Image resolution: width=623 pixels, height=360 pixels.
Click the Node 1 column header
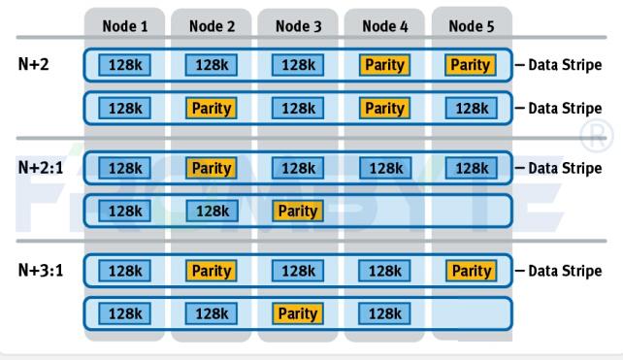(125, 26)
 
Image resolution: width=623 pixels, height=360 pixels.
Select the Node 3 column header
(298, 26)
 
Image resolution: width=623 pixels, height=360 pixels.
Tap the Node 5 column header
(471, 26)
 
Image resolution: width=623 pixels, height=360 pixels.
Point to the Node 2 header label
(212, 26)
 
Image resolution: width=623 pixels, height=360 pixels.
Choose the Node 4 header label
(384, 26)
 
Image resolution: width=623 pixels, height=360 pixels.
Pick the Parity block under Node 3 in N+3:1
(298, 312)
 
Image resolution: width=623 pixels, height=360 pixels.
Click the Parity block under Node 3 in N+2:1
(298, 210)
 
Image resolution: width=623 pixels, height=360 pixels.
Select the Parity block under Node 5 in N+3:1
(471, 271)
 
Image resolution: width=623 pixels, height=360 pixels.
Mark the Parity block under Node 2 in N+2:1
(212, 168)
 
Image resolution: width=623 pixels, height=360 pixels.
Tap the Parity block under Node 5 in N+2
(471, 66)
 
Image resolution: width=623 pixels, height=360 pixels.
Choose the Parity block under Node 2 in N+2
(212, 108)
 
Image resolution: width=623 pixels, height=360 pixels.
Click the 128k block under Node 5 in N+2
(471, 108)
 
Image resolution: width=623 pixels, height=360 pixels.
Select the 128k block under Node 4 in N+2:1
(384, 168)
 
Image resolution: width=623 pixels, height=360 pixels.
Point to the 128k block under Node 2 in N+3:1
(212, 312)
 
